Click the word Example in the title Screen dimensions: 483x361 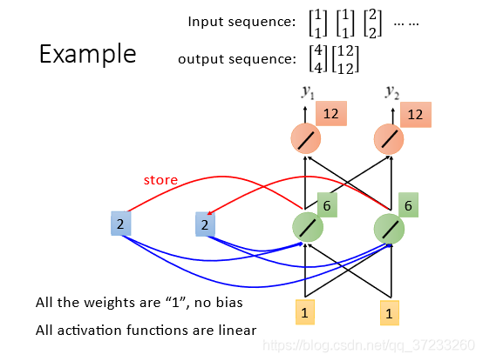[x=88, y=54]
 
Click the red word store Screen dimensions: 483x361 [x=160, y=180]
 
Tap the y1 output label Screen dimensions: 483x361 [x=308, y=92]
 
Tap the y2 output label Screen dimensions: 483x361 [x=392, y=92]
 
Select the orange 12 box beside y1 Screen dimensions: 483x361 [x=331, y=113]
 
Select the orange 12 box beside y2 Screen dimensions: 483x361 [x=416, y=115]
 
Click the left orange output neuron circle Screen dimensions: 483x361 [x=306, y=138]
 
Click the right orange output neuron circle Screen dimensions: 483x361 [x=389, y=139]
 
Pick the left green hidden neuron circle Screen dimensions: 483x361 [x=308, y=227]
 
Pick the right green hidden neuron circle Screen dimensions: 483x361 [x=389, y=229]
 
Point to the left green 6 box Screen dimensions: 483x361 [x=327, y=205]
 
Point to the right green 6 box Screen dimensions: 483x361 [x=408, y=205]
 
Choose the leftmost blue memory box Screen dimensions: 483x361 [x=120, y=224]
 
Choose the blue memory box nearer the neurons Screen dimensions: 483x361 [x=205, y=224]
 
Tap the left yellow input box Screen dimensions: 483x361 [x=305, y=312]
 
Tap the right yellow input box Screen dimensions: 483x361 [x=390, y=313]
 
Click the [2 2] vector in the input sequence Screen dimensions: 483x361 [x=373, y=23]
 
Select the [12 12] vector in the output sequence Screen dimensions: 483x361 [x=345, y=59]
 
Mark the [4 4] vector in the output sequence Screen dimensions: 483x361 [x=318, y=59]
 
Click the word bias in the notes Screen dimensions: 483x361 [x=229, y=303]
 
